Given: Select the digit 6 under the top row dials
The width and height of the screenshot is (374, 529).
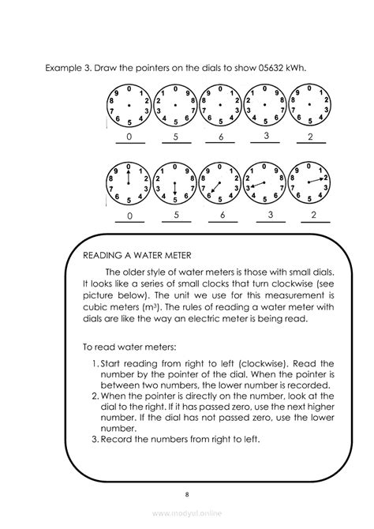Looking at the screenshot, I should [x=222, y=137].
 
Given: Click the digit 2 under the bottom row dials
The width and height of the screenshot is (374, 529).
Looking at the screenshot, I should [x=313, y=214].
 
